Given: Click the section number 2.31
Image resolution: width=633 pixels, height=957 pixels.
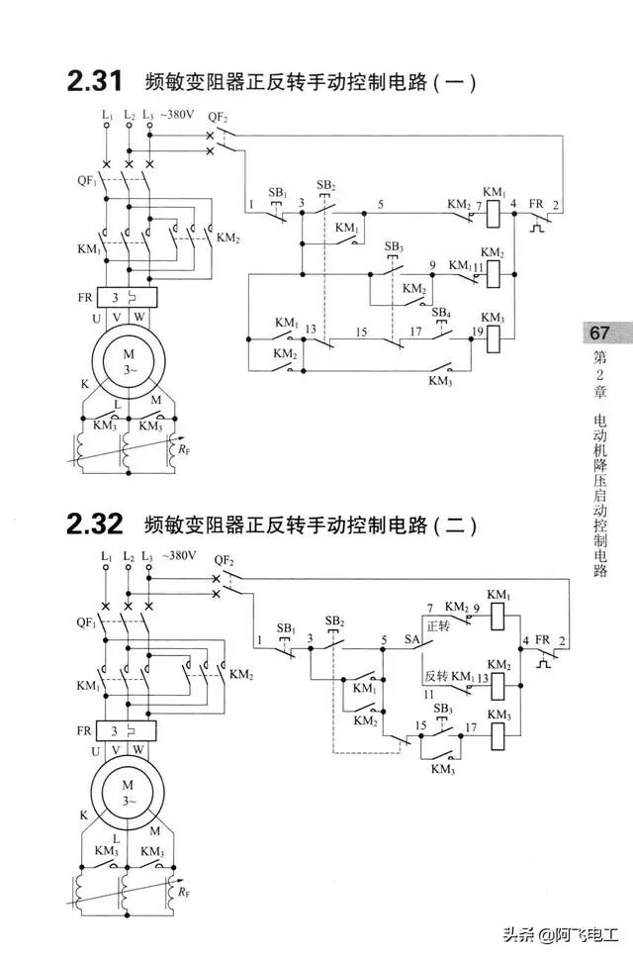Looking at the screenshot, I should (94, 81).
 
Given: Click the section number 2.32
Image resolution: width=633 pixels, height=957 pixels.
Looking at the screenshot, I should (94, 524).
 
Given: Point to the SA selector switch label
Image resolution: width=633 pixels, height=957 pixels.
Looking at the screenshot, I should (412, 640).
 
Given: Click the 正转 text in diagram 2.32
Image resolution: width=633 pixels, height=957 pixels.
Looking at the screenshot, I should (438, 625).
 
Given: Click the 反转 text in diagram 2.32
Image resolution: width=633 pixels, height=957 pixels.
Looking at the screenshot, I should (438, 676).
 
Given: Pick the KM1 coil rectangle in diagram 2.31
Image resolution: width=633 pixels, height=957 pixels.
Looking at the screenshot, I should (495, 209).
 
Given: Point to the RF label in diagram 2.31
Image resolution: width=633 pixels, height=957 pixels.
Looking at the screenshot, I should (185, 450).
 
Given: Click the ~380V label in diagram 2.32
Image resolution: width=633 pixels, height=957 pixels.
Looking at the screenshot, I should (178, 556).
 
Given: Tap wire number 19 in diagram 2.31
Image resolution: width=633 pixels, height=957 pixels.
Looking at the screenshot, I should (477, 332).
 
